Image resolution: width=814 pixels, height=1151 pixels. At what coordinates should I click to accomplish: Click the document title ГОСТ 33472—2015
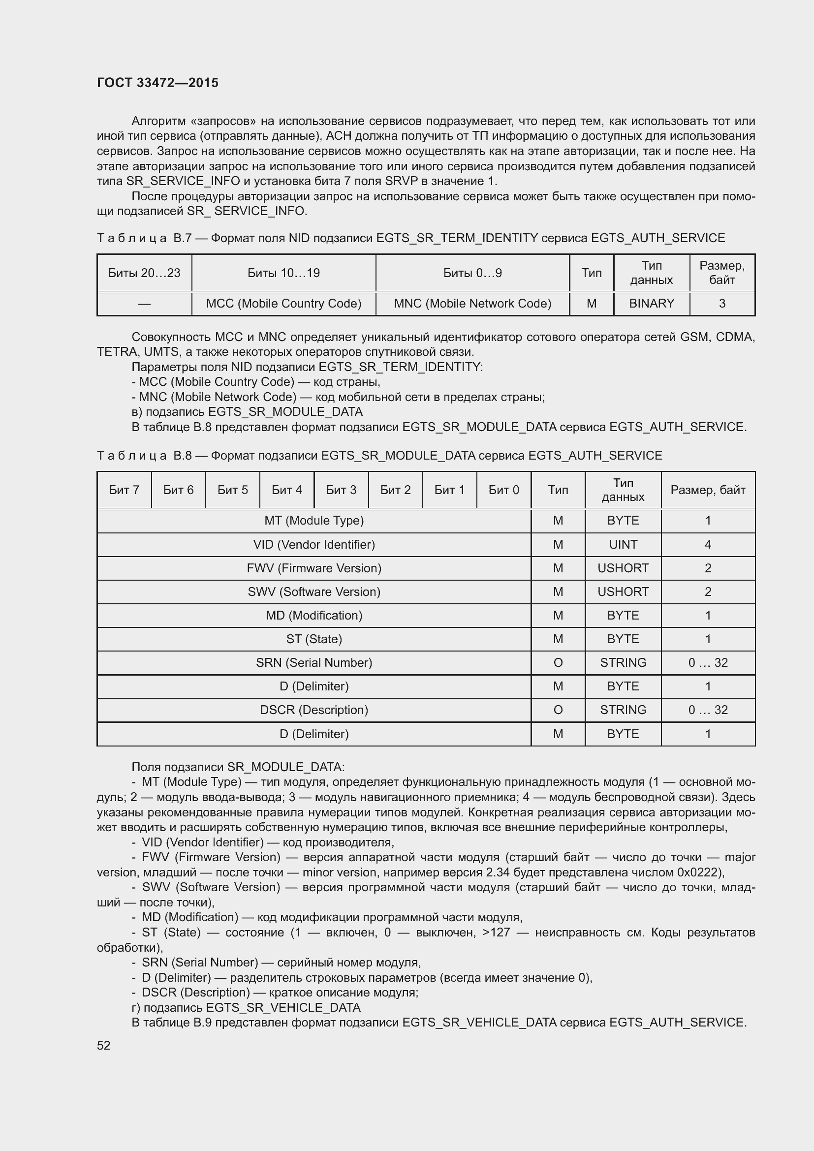point(157,83)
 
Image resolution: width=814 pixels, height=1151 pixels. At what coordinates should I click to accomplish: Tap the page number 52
point(103,1045)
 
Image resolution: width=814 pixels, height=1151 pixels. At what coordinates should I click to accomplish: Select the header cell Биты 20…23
point(144,273)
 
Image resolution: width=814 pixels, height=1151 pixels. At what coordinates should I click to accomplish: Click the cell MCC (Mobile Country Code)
point(283,303)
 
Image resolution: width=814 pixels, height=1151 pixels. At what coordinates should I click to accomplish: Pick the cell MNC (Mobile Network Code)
point(472,303)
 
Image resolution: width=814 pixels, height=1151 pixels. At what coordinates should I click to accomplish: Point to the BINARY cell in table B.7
point(651,303)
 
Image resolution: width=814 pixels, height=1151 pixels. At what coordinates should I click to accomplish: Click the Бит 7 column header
point(124,490)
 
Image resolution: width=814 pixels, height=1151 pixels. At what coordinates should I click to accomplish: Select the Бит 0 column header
point(503,490)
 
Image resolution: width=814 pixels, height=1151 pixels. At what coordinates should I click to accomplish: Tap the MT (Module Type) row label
point(314,520)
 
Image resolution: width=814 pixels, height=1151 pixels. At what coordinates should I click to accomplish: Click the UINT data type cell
point(623,544)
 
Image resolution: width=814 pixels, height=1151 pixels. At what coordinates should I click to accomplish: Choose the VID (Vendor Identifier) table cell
point(314,544)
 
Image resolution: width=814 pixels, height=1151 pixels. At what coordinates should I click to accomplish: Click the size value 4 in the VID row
point(708,544)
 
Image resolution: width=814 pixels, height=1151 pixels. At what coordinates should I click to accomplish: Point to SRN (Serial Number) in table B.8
point(314,662)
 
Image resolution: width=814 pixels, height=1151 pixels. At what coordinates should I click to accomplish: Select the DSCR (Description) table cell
point(314,710)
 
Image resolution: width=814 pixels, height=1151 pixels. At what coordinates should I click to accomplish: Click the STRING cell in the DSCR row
point(623,710)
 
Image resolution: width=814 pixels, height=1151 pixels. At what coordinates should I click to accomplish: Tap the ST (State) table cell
point(314,639)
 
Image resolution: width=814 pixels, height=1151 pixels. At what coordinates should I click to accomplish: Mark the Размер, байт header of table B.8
point(708,490)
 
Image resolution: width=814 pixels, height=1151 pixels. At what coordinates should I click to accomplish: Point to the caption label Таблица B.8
point(144,455)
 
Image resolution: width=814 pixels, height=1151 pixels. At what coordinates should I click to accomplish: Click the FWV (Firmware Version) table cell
point(314,568)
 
